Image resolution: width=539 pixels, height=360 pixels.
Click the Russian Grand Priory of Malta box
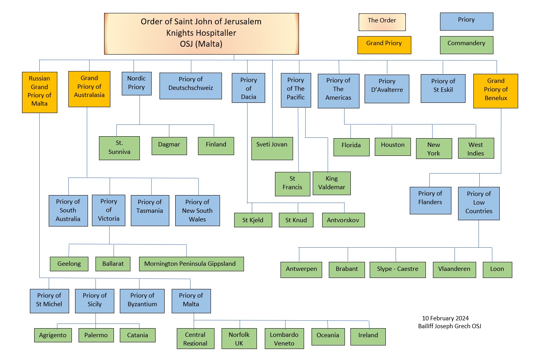click(39, 92)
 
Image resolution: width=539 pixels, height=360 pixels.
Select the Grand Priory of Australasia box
click(89, 89)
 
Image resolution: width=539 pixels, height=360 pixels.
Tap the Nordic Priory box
click(136, 84)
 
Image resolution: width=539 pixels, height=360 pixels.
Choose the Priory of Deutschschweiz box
click(191, 86)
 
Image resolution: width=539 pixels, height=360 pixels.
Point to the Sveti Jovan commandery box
click(272, 148)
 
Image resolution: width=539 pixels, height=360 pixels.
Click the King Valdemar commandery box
click(332, 183)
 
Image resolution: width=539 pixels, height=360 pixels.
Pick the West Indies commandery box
click(476, 148)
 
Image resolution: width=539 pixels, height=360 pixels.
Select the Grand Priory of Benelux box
click(496, 91)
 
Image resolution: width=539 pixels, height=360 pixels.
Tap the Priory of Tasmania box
click(150, 210)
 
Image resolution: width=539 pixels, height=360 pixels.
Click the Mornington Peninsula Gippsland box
click(191, 264)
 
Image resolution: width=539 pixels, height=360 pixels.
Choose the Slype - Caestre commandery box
click(398, 270)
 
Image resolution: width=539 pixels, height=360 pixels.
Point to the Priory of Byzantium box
click(142, 301)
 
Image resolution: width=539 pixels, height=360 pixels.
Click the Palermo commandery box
click(96, 335)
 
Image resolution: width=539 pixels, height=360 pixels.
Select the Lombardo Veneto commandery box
click(284, 338)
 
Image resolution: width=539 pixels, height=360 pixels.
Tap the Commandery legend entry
click(467, 45)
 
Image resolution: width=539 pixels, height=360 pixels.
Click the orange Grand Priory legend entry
click(384, 45)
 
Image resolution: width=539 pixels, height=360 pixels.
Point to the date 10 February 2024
click(445, 318)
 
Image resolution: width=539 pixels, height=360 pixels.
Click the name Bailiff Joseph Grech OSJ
click(449, 326)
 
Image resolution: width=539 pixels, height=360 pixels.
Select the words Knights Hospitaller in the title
click(201, 33)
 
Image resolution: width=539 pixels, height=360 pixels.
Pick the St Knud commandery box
click(296, 220)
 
